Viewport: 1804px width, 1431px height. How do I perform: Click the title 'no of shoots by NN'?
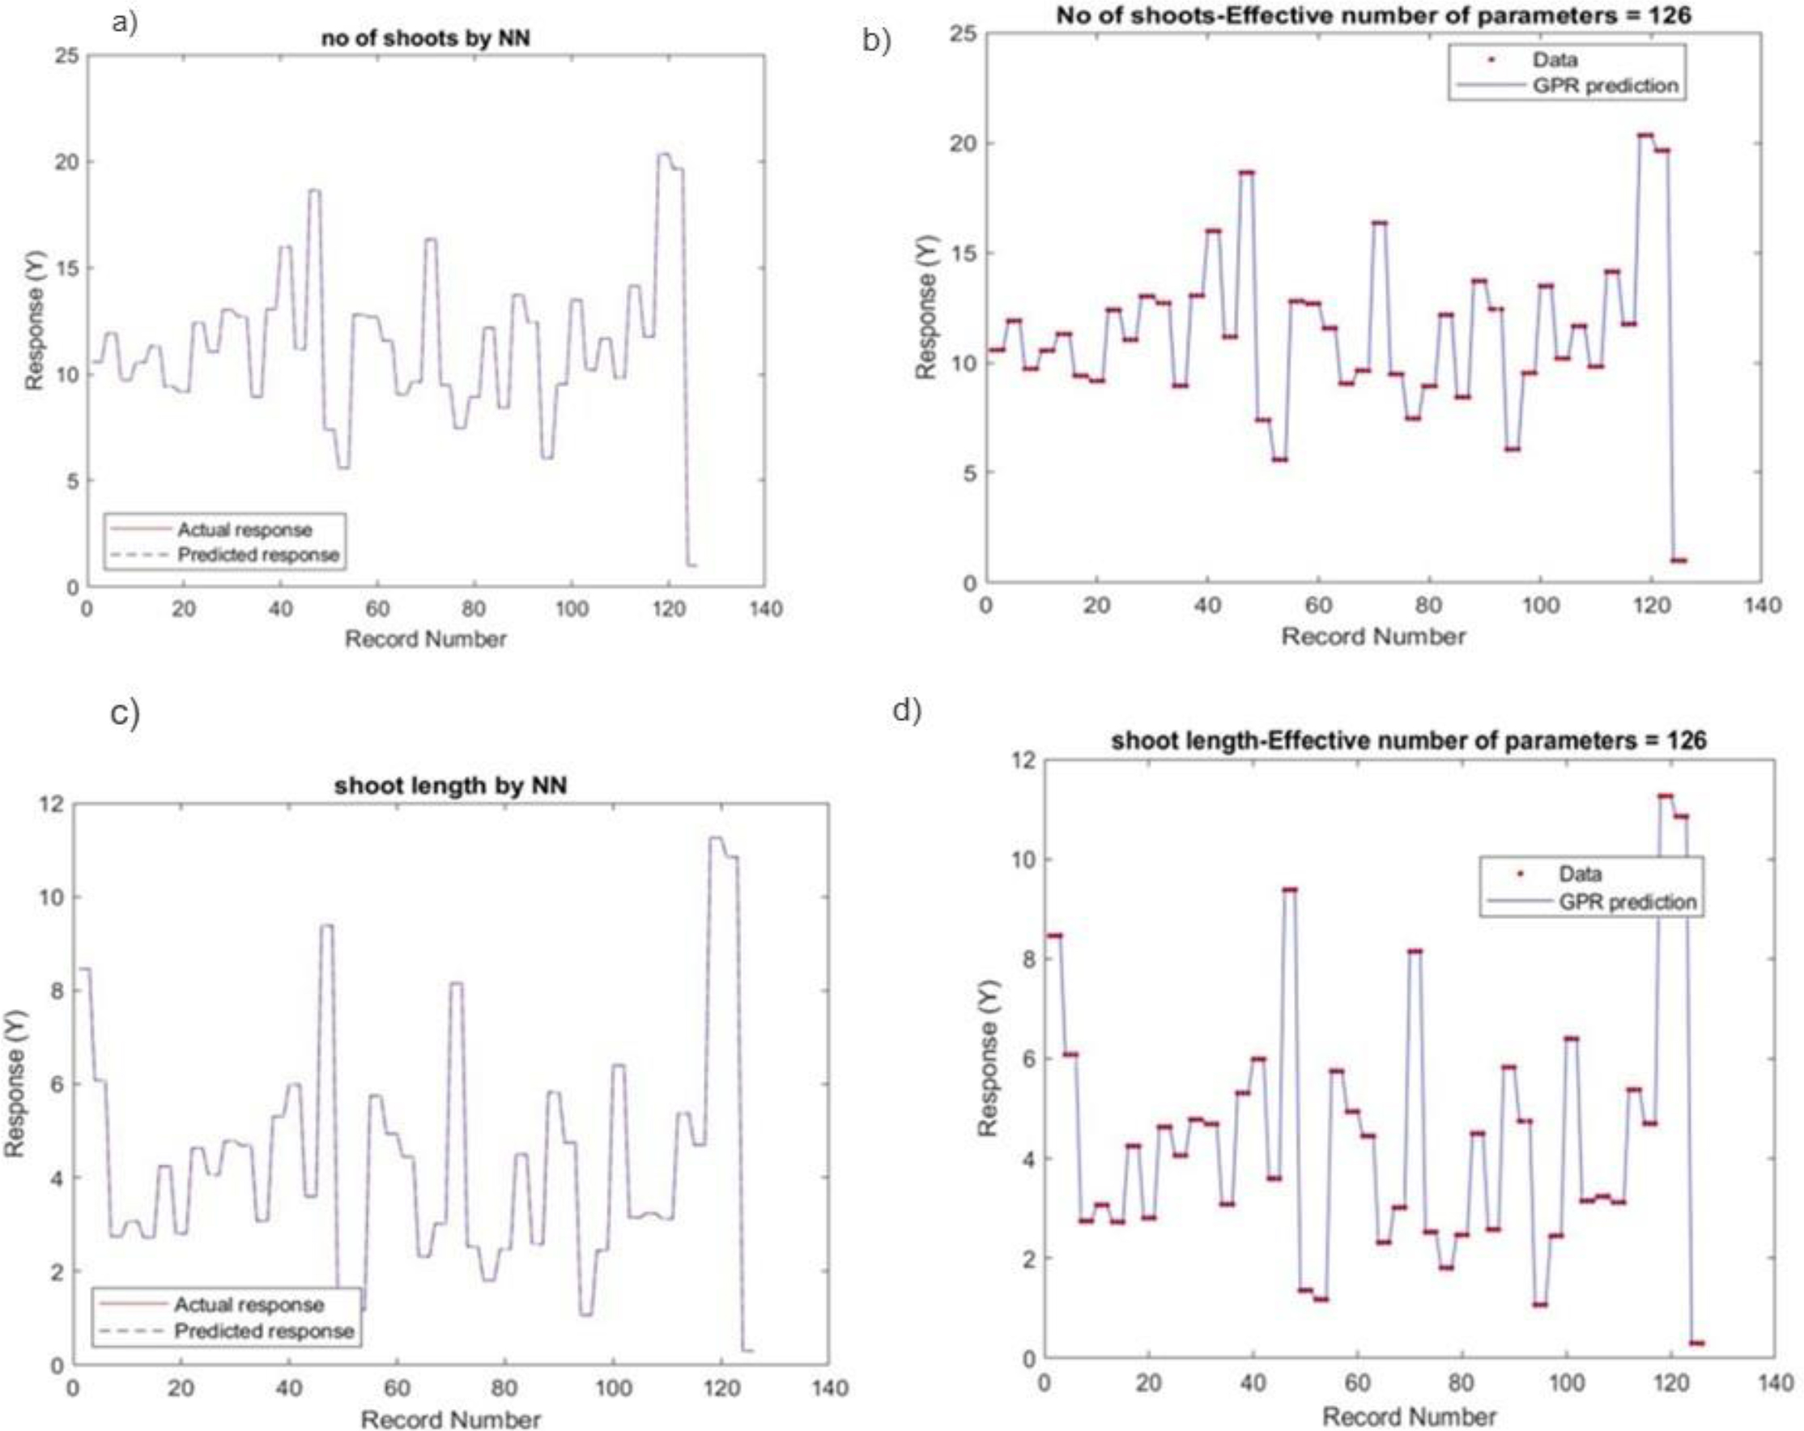coord(425,39)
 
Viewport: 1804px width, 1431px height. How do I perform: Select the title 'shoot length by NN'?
coord(450,786)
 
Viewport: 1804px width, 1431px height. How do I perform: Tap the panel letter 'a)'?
coord(124,22)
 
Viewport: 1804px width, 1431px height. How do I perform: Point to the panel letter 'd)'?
coord(907,709)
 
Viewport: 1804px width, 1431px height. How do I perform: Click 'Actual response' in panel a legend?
coord(245,530)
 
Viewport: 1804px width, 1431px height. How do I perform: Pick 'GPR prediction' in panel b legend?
coord(1605,85)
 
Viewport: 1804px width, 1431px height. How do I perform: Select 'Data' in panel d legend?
coord(1580,874)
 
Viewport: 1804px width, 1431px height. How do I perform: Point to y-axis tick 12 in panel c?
coord(52,804)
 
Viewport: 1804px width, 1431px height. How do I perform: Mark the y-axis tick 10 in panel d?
coord(1021,859)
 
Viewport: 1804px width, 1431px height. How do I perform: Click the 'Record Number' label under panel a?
coord(425,639)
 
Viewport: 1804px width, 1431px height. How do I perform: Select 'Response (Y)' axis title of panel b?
coord(925,307)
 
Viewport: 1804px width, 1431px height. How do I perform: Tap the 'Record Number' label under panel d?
coord(1409,1416)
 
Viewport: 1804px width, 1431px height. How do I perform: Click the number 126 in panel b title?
coord(1667,15)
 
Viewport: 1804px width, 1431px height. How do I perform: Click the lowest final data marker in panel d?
coord(1696,1343)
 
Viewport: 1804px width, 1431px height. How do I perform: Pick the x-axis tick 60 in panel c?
coord(397,1387)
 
